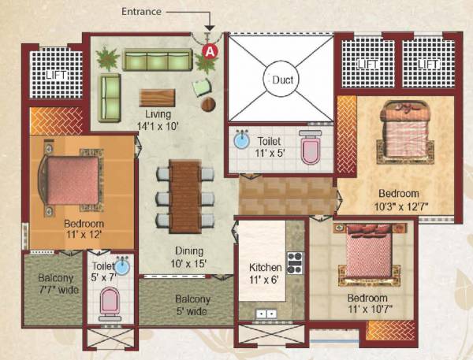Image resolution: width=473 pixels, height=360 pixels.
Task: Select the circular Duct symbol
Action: [x=281, y=80]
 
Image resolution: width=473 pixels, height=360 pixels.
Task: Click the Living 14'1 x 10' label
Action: [x=157, y=120]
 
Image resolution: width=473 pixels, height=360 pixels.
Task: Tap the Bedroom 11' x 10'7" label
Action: [x=367, y=304]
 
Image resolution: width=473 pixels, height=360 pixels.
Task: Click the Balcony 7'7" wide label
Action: [x=54, y=284]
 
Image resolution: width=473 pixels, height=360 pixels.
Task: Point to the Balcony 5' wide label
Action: [x=192, y=305]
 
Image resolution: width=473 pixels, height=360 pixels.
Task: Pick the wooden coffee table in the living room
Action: [x=158, y=97]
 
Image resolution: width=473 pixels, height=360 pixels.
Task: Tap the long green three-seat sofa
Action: [x=158, y=61]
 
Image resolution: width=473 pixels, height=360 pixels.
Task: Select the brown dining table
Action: [x=184, y=196]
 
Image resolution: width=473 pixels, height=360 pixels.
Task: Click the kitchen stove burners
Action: [x=295, y=262]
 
